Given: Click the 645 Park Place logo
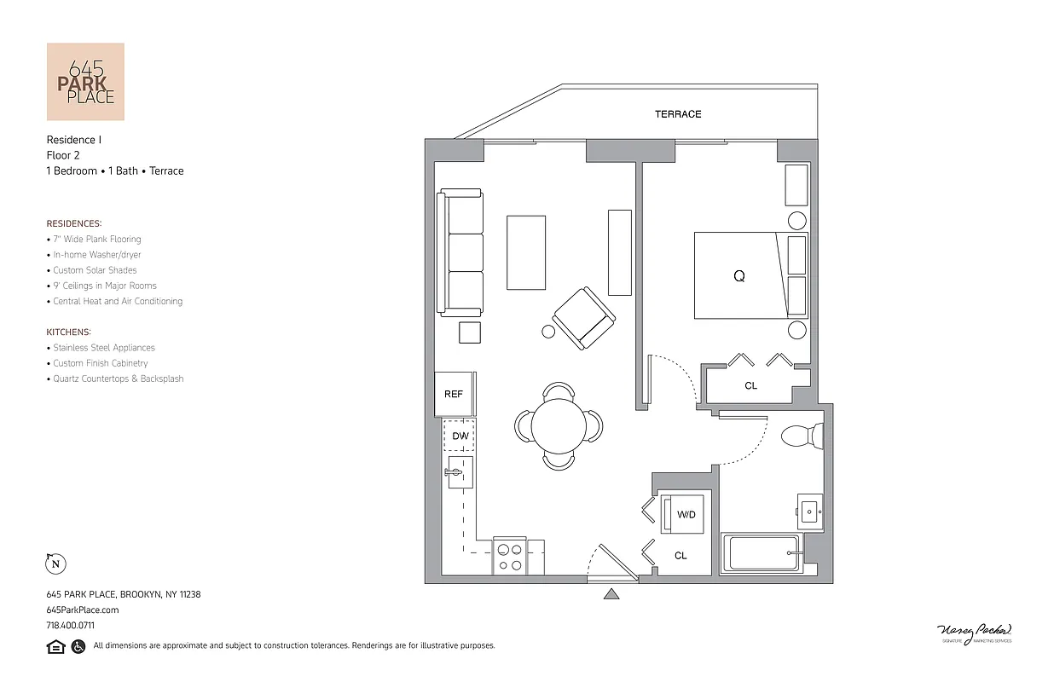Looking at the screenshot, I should [x=85, y=82].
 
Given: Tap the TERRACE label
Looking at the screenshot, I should [x=678, y=114].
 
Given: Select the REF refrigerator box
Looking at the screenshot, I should [x=454, y=394].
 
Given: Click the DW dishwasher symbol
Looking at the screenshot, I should [x=460, y=436].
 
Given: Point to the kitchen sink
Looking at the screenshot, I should [x=459, y=472].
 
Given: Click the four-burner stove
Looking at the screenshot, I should [x=510, y=557].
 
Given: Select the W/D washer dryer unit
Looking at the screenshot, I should [x=685, y=515].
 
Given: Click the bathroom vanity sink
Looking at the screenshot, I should [x=809, y=512].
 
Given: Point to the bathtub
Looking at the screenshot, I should [x=762, y=554].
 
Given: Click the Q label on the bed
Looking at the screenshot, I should [x=738, y=276].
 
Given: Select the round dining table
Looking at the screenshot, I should [x=559, y=425].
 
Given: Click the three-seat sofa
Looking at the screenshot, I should [x=460, y=251].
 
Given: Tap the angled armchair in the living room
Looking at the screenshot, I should [x=584, y=317].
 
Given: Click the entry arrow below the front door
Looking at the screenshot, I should [x=611, y=594].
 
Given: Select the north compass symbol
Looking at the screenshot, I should [x=55, y=564].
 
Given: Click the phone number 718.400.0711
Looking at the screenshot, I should [x=70, y=625].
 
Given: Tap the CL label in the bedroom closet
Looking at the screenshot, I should [x=750, y=386].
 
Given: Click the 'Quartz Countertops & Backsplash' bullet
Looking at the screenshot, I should [x=118, y=379].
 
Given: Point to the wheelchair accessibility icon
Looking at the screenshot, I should [x=78, y=646].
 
